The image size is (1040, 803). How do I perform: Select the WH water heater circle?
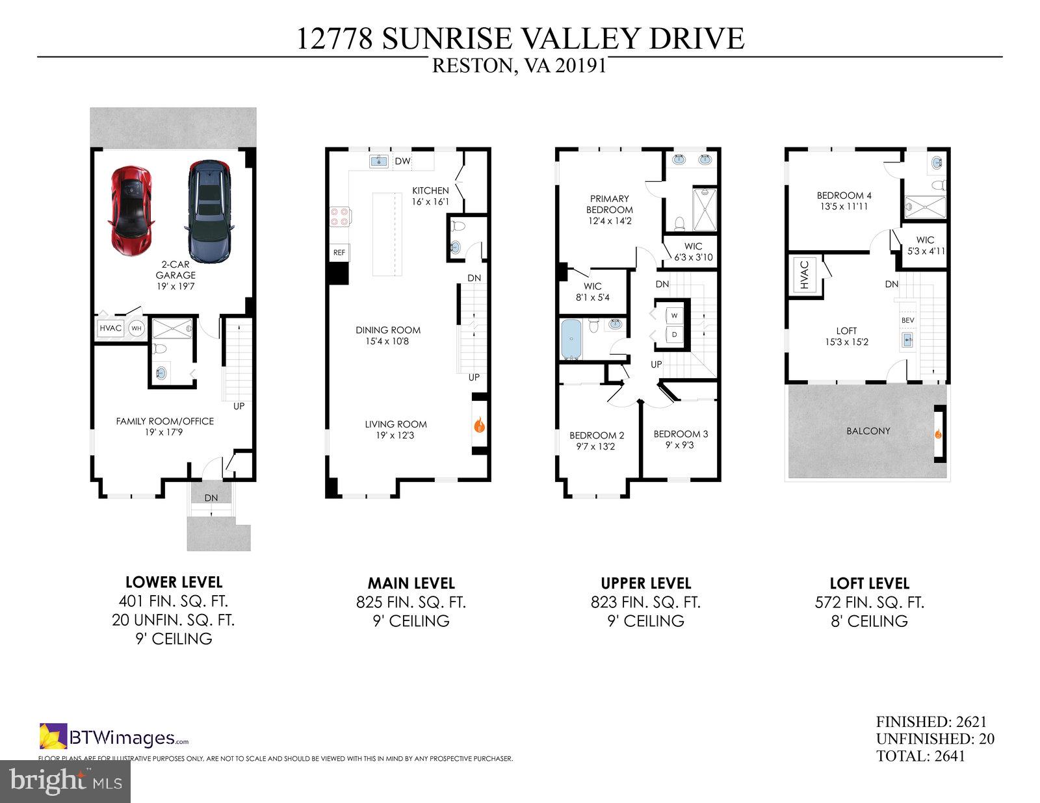(x=136, y=328)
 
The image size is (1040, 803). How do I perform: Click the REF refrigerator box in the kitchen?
(x=339, y=252)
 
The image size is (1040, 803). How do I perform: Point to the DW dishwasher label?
(x=402, y=161)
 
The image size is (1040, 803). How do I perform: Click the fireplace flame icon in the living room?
(x=480, y=426)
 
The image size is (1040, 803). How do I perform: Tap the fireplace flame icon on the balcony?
(x=938, y=434)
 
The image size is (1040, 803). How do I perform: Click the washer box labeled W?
(x=674, y=316)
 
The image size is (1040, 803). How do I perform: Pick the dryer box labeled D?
(x=674, y=335)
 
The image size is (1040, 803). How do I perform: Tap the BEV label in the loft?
(x=907, y=321)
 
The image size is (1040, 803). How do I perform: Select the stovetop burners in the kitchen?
(x=339, y=215)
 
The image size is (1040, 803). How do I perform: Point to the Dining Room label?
(x=388, y=330)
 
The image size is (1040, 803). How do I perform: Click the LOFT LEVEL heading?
(x=869, y=583)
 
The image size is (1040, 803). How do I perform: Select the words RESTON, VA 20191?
(x=519, y=66)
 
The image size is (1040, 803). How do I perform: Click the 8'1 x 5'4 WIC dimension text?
(x=592, y=298)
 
